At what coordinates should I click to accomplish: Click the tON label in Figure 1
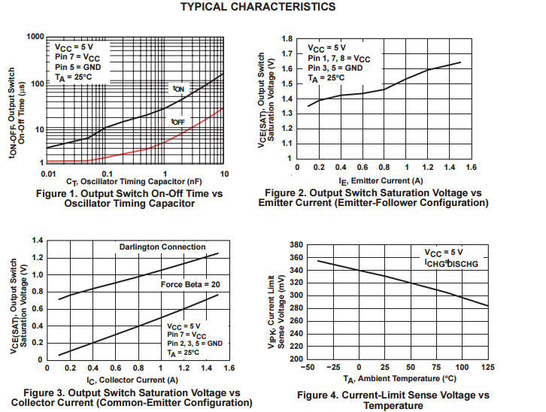tap(178, 89)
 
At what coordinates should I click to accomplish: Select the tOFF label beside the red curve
tap(177, 121)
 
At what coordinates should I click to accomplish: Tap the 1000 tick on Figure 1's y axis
tap(34, 37)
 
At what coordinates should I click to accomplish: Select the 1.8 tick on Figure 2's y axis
tap(287, 38)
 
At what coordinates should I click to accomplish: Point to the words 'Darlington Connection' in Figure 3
tap(162, 247)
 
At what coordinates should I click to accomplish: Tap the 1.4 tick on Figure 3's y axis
tap(37, 240)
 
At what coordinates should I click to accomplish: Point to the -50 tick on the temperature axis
tap(307, 368)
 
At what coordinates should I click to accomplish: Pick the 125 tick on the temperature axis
tap(488, 368)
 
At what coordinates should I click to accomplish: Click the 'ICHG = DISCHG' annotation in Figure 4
tap(450, 265)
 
